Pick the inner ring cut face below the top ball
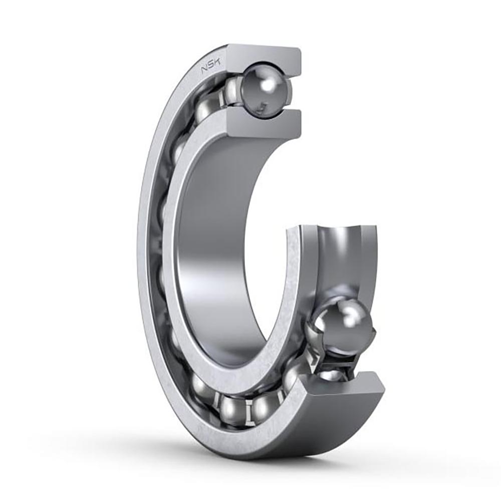(264, 124)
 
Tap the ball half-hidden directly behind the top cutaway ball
(232, 91)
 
